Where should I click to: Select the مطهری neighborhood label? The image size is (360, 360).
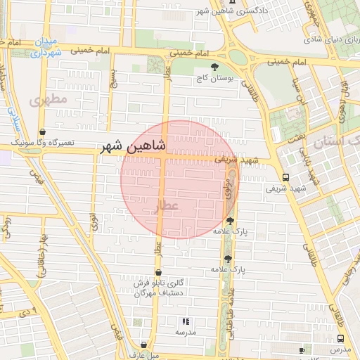49,100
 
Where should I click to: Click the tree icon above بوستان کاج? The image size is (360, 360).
205,66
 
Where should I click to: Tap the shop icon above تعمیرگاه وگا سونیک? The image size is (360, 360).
43,131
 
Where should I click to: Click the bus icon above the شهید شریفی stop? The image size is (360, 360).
285,177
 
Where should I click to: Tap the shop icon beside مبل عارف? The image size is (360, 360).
143,345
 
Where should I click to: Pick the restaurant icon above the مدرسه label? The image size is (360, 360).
186,321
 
